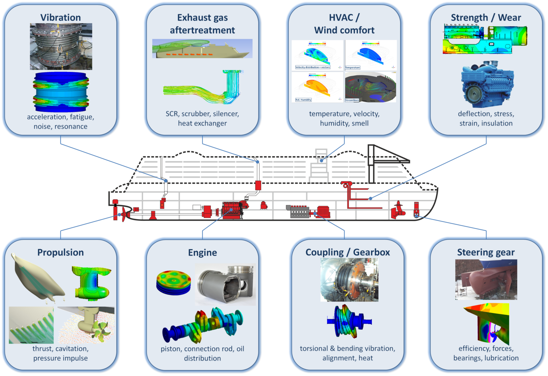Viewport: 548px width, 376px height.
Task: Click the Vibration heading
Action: click(61, 17)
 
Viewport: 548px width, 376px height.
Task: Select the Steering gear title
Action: click(486, 252)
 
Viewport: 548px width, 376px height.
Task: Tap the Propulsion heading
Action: click(61, 252)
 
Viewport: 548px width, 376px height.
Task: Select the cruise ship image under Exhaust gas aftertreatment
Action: click(202, 48)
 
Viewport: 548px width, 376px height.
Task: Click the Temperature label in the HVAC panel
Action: click(352, 68)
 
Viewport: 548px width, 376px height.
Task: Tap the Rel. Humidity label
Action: click(303, 100)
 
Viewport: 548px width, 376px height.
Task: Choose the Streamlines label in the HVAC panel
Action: click(352, 100)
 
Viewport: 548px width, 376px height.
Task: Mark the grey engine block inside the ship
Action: click(298, 211)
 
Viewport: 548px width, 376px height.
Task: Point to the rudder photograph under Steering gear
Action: click(486, 280)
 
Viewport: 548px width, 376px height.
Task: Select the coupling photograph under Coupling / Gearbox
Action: click(349, 280)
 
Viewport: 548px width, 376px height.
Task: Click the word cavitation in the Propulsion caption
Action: click(71, 348)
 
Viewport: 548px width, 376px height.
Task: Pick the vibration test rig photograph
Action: click(61, 47)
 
